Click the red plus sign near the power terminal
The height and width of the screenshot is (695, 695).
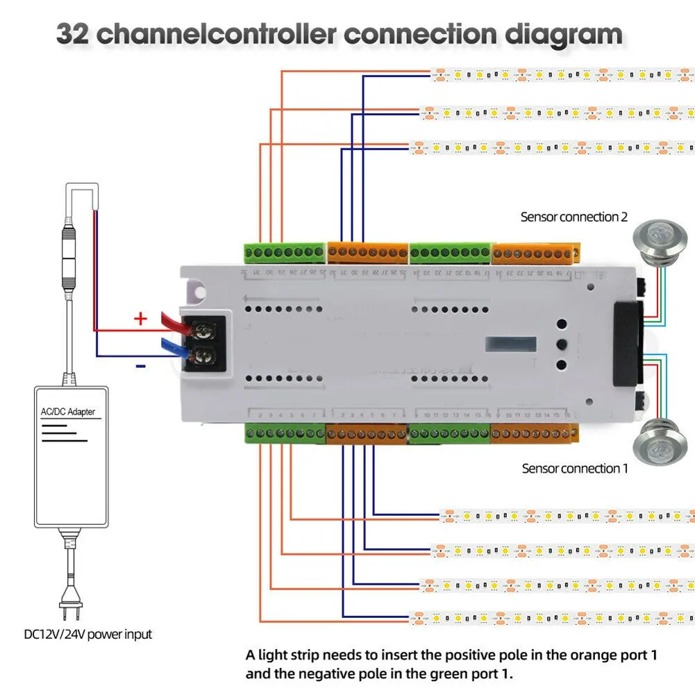coord(140,319)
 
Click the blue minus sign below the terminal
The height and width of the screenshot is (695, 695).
coord(140,365)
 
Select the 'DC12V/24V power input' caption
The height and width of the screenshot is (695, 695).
coord(87,633)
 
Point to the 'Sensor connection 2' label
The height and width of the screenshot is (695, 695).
coord(573,217)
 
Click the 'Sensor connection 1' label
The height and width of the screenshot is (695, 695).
coord(574,469)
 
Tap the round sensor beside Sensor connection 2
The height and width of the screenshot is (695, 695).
coord(653,239)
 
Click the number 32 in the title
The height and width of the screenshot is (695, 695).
coord(72,35)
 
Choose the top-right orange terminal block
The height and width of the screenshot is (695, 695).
coord(535,253)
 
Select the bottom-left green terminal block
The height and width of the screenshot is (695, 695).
coord(285,434)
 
